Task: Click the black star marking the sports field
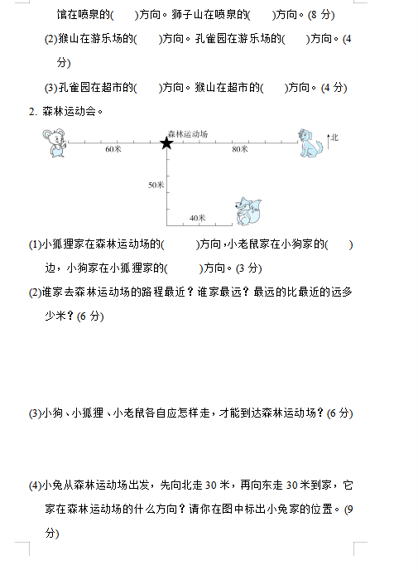[166, 142]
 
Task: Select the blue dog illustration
[310, 142]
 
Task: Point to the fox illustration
[248, 211]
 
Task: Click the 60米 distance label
[113, 149]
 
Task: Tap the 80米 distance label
[240, 149]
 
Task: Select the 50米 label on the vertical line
[156, 185]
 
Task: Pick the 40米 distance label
[198, 218]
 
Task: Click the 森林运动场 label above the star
[188, 133]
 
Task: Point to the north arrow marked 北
[329, 142]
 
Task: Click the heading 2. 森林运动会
[65, 111]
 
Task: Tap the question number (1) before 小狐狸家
[36, 244]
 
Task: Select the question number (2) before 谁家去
[36, 292]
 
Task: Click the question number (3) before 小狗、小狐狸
[36, 413]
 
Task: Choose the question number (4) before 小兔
[36, 485]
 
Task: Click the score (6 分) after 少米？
[90, 316]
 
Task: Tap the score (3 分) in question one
[249, 268]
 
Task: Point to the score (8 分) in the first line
[321, 15]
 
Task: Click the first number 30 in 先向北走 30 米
[211, 485]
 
